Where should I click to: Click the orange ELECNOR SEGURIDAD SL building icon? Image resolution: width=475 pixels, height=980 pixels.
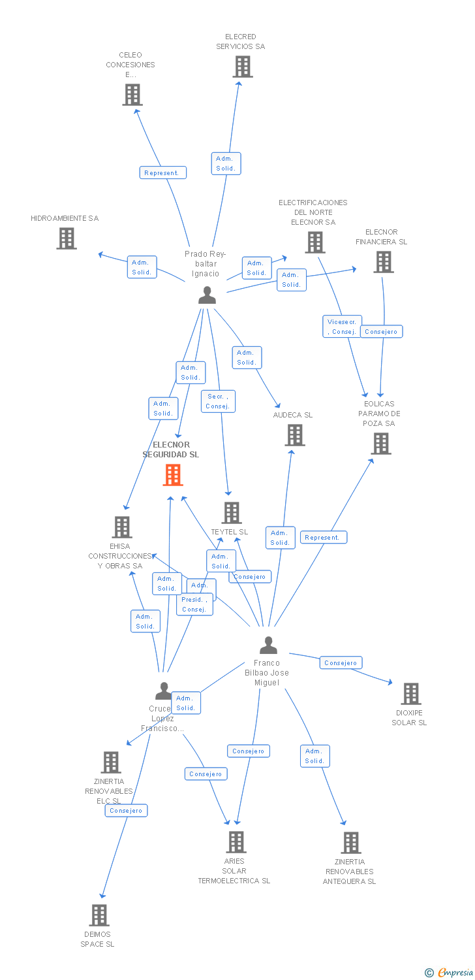point(173,475)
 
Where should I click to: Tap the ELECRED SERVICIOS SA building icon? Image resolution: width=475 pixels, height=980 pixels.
point(243,67)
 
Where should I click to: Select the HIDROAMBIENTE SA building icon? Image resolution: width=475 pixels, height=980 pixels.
point(67,238)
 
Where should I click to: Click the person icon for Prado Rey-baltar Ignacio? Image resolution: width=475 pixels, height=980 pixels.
point(207,295)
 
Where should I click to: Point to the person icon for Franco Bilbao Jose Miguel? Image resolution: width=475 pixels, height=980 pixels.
point(268,645)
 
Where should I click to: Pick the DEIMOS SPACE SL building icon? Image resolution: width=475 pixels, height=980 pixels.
point(99,915)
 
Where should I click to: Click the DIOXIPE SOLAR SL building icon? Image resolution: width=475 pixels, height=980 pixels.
point(410,694)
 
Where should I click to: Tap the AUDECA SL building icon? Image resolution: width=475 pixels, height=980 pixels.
point(295,435)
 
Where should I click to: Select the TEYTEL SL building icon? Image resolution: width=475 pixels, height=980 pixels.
point(232,513)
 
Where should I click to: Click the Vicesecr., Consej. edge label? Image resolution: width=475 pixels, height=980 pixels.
point(342,327)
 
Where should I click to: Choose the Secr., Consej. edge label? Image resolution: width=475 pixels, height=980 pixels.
point(217,401)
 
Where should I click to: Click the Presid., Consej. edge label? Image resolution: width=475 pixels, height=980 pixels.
point(194,604)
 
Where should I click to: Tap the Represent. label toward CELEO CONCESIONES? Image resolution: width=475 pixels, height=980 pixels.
point(162,172)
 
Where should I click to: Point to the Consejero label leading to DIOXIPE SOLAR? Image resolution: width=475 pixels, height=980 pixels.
point(341,662)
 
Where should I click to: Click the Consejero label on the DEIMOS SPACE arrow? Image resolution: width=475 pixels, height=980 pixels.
point(126,810)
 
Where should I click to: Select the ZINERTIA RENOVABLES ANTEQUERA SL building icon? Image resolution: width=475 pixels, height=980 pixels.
point(351,843)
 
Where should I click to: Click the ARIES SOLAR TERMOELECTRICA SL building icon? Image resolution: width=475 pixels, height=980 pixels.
point(236,842)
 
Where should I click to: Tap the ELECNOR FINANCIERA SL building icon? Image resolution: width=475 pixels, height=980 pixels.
point(383,262)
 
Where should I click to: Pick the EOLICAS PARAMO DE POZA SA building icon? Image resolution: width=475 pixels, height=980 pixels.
point(380,444)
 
